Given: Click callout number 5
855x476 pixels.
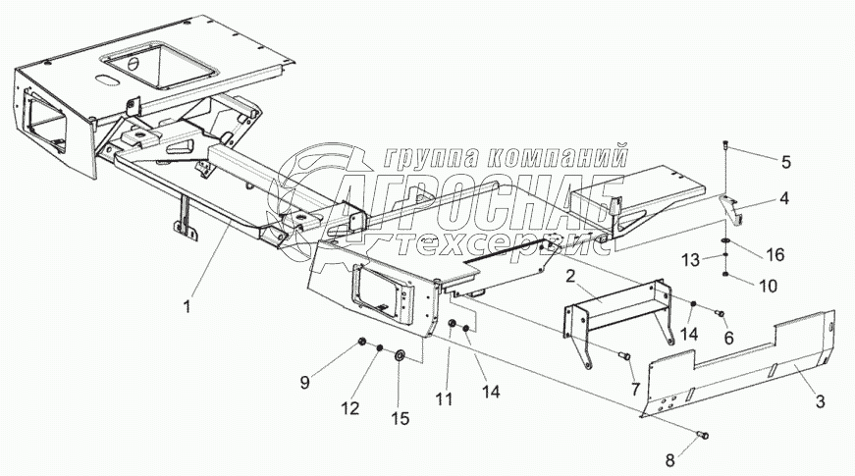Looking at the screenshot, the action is click(x=785, y=160).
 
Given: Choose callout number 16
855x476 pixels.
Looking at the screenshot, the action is click(x=775, y=254).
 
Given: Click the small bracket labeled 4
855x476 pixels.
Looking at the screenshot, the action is click(x=727, y=205).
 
